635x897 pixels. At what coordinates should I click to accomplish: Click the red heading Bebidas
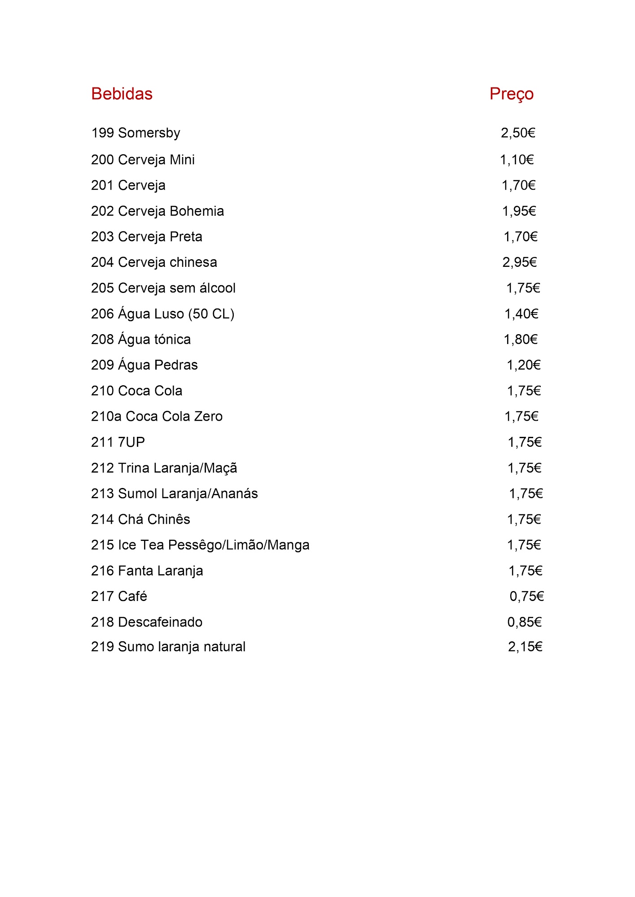coord(122,94)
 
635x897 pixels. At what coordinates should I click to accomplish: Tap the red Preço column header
coord(511,94)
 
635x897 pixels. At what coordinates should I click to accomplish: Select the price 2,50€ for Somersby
coord(518,133)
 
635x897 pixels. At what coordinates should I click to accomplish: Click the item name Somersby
coord(149,133)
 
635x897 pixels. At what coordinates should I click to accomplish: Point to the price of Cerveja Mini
coord(517,160)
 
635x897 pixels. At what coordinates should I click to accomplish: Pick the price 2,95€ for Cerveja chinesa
coord(519,262)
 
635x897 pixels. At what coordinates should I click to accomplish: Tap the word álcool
coord(217,288)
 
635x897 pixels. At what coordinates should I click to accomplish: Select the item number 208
coord(102,340)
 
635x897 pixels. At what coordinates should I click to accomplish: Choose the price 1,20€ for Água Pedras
coord(523,365)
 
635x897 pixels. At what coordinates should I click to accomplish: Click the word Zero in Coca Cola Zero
coord(208,417)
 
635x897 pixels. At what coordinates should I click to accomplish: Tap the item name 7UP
coord(131,442)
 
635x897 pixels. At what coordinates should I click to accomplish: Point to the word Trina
coord(133,468)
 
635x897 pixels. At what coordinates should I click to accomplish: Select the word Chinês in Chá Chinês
coord(169,519)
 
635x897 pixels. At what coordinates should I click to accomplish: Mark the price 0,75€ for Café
coord(526,597)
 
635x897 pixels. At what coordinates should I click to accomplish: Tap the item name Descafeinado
coord(160,622)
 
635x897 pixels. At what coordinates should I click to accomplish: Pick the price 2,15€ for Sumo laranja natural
coord(525,647)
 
